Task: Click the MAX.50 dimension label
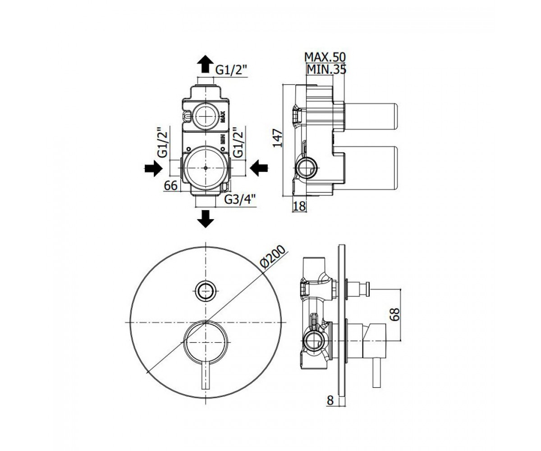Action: [x=325, y=56]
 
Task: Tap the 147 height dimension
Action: [x=278, y=138]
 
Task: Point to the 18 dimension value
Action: [x=299, y=206]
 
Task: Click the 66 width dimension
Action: [x=171, y=185]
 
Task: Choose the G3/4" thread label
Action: [x=240, y=200]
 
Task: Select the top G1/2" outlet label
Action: [x=231, y=70]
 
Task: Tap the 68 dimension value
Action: [x=395, y=315]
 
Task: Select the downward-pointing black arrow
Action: [x=206, y=219]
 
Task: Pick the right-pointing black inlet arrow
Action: [x=153, y=168]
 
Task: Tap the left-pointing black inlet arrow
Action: [x=259, y=168]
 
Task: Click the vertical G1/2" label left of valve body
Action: [x=163, y=143]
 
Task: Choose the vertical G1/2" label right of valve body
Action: [x=238, y=143]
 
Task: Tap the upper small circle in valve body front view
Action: [x=206, y=115]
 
